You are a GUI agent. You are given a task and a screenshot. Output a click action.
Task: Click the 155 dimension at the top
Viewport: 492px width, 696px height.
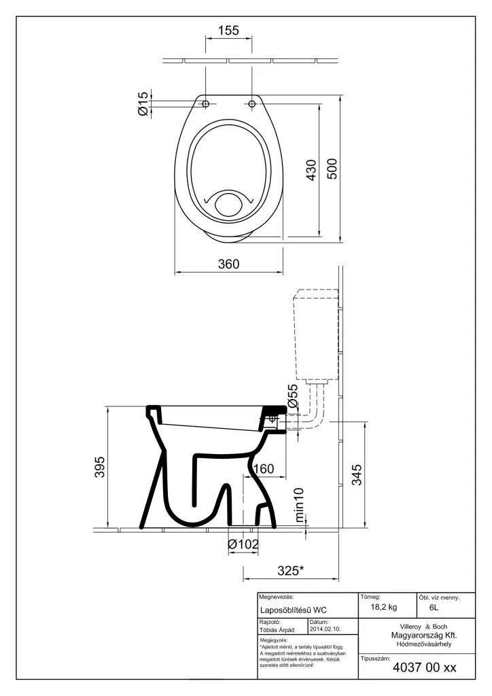228,31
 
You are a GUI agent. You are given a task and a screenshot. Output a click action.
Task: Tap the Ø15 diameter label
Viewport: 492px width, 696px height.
143,104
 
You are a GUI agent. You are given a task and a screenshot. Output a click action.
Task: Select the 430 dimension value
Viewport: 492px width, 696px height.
311,170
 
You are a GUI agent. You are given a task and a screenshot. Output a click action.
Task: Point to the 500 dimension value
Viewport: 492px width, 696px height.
332,169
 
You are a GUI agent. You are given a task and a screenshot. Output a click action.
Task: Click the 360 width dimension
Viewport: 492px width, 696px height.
228,264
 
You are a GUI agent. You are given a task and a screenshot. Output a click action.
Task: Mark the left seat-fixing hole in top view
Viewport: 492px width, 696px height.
206,104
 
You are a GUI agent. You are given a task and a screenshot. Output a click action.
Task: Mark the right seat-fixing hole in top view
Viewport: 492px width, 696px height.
251,104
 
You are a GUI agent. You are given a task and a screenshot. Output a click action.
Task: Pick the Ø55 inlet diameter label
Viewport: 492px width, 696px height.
294,396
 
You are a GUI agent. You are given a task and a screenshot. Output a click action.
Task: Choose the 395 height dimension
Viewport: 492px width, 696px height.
101,467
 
